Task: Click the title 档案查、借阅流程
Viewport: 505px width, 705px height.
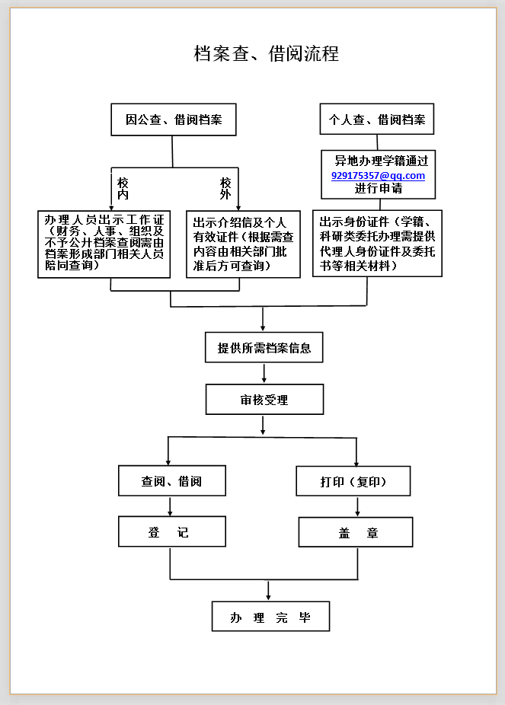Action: coord(267,53)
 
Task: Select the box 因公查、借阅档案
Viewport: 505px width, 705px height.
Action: coord(174,120)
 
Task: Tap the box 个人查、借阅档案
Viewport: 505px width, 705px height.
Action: coord(377,119)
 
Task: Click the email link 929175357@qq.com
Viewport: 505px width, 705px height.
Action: coord(379,175)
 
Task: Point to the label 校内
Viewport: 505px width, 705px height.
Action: coord(123,189)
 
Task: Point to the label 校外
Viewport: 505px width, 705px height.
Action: coord(225,188)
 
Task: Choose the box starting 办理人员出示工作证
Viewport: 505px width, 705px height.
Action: coord(104,244)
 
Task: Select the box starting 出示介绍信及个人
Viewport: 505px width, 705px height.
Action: coord(243,244)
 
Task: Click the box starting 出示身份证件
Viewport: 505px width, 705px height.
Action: coord(377,243)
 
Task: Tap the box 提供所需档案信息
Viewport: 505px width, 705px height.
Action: coord(264,348)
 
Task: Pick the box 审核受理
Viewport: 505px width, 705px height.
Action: coord(264,399)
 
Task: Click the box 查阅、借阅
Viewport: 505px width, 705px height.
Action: coord(172,480)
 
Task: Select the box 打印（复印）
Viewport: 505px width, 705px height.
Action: coord(353,481)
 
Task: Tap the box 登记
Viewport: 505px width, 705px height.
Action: coord(172,531)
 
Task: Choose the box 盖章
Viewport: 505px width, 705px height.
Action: coord(356,532)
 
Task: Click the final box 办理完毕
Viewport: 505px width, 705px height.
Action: coord(270,617)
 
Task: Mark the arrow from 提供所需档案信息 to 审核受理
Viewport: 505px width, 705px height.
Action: coord(264,374)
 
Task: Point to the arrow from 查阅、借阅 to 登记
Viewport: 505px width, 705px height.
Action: coord(170,507)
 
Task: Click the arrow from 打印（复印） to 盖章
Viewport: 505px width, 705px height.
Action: coord(357,507)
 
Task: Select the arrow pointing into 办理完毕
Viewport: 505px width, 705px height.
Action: coord(268,591)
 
